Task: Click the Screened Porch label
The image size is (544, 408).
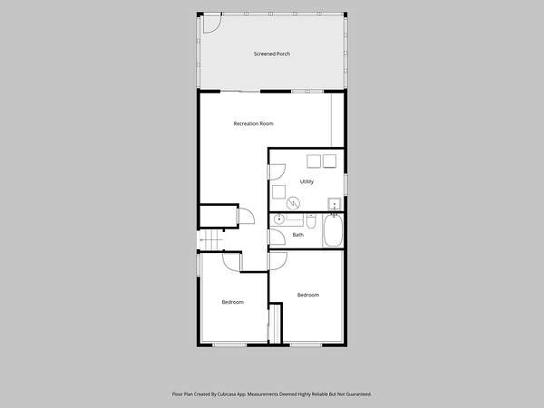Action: (x=272, y=53)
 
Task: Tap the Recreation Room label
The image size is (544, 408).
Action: (x=253, y=123)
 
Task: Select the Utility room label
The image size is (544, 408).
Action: (x=306, y=181)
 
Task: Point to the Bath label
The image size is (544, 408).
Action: (x=297, y=235)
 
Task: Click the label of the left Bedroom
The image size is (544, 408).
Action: (x=232, y=302)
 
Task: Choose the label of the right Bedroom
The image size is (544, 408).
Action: (x=308, y=295)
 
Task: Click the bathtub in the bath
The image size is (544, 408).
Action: (x=333, y=230)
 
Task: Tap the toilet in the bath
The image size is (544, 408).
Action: (x=311, y=221)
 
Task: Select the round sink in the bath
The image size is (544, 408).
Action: (x=279, y=219)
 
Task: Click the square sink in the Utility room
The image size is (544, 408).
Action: (x=335, y=204)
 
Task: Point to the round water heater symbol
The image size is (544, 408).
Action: (x=293, y=203)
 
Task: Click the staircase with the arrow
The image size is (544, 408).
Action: (x=210, y=239)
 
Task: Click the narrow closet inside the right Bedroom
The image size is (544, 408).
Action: (x=276, y=324)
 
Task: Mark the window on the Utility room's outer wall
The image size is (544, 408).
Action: (x=345, y=184)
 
